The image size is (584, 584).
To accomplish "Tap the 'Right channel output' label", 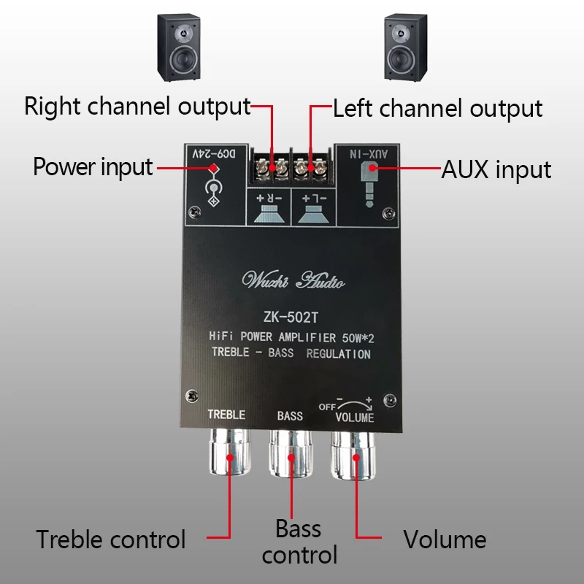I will click(137, 107).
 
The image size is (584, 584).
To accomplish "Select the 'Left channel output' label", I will click(437, 109).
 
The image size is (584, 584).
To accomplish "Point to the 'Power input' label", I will click(93, 166).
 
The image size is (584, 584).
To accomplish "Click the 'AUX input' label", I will click(496, 169).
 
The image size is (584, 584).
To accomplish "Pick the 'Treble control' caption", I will click(111, 539).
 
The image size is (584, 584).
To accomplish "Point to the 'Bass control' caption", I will click(299, 541).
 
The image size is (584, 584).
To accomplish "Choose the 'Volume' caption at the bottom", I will click(445, 539).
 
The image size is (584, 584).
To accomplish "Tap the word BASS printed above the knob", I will click(290, 416).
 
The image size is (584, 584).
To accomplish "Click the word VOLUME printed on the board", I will click(354, 418).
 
